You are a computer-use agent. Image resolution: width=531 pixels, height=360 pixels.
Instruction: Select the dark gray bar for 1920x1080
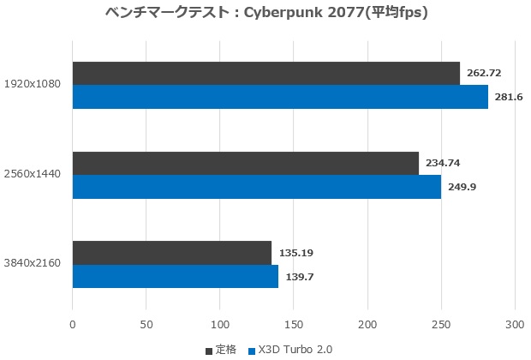(x=265, y=73)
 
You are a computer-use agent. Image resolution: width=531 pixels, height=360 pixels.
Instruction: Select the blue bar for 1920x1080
(x=280, y=97)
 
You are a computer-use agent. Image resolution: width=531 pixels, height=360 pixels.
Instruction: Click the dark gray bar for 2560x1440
(x=245, y=163)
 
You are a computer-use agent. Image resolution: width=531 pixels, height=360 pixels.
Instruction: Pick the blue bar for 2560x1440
(x=256, y=187)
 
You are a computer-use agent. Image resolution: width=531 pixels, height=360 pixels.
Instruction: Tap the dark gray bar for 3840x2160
(x=171, y=253)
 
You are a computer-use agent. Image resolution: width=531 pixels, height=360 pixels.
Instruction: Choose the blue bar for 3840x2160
(x=175, y=277)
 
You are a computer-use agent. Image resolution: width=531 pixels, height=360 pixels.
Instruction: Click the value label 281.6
(x=508, y=97)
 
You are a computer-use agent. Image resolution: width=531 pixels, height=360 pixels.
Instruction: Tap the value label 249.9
(x=461, y=187)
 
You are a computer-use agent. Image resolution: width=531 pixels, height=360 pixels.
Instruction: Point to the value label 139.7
(x=298, y=277)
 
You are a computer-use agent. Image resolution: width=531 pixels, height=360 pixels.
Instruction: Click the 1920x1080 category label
(x=34, y=85)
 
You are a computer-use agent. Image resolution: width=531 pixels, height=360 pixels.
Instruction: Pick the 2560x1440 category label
(x=34, y=175)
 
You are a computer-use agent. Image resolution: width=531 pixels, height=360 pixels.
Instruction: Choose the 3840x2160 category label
(x=34, y=265)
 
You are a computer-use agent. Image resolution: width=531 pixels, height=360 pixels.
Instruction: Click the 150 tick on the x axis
(x=294, y=326)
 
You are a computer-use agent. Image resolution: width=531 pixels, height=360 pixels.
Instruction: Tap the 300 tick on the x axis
(x=515, y=326)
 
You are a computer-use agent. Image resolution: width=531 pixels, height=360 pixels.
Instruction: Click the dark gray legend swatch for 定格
(x=210, y=351)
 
